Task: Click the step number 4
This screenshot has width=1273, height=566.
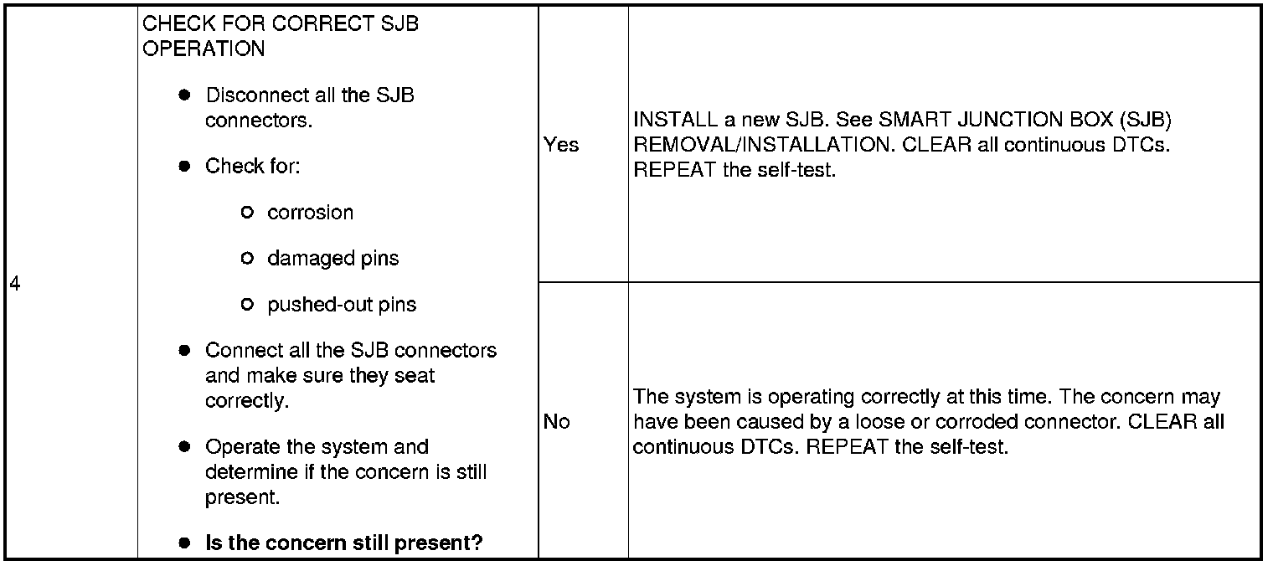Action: tap(15, 285)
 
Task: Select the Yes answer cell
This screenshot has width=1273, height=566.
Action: tap(560, 145)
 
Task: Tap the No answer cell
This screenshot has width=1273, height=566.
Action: tap(556, 422)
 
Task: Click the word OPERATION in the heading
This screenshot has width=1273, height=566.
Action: tap(204, 49)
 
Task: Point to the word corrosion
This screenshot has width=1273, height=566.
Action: tap(310, 213)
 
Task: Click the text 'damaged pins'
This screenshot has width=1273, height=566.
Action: tap(332, 259)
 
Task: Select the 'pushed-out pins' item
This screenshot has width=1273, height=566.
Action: tap(341, 305)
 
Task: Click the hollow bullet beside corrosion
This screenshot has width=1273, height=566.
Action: tap(246, 213)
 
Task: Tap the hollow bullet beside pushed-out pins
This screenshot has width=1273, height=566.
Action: tap(246, 305)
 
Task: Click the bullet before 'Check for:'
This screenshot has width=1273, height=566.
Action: tap(185, 167)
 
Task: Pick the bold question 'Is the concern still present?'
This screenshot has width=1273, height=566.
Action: tap(343, 543)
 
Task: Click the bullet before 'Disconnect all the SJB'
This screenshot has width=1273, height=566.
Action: tap(185, 95)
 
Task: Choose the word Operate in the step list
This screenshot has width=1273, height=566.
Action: tap(240, 447)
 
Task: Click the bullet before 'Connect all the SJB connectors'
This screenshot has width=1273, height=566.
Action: tap(185, 351)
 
